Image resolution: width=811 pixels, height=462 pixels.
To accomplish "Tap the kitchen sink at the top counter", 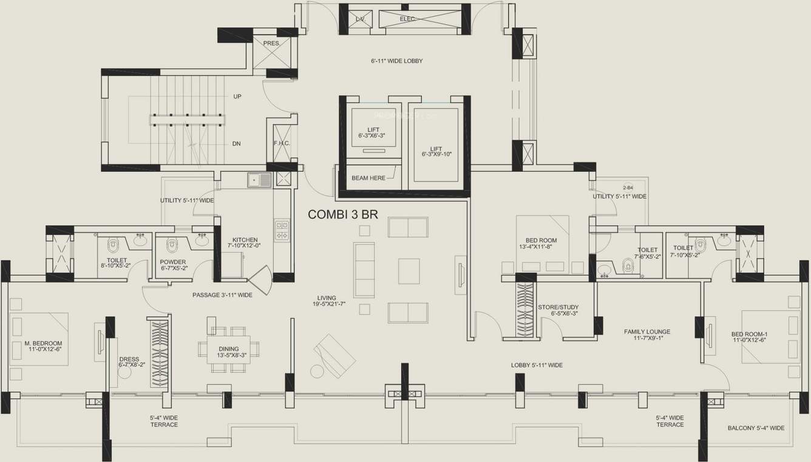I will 259,180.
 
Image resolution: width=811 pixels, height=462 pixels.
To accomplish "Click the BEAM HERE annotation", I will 368,178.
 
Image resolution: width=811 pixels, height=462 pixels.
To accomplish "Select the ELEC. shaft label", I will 407,19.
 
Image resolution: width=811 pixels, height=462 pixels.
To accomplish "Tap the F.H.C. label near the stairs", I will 282,143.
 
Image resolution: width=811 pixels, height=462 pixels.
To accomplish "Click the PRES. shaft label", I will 271,43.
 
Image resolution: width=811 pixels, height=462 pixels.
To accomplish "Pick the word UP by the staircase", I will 237,97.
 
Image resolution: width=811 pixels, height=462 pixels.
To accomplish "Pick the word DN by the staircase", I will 237,144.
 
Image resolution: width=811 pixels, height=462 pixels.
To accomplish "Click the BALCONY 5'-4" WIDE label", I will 756,428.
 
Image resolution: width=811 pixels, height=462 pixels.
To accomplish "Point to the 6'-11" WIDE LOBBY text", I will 397,61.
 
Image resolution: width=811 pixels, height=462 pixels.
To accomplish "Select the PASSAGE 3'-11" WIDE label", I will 222,295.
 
